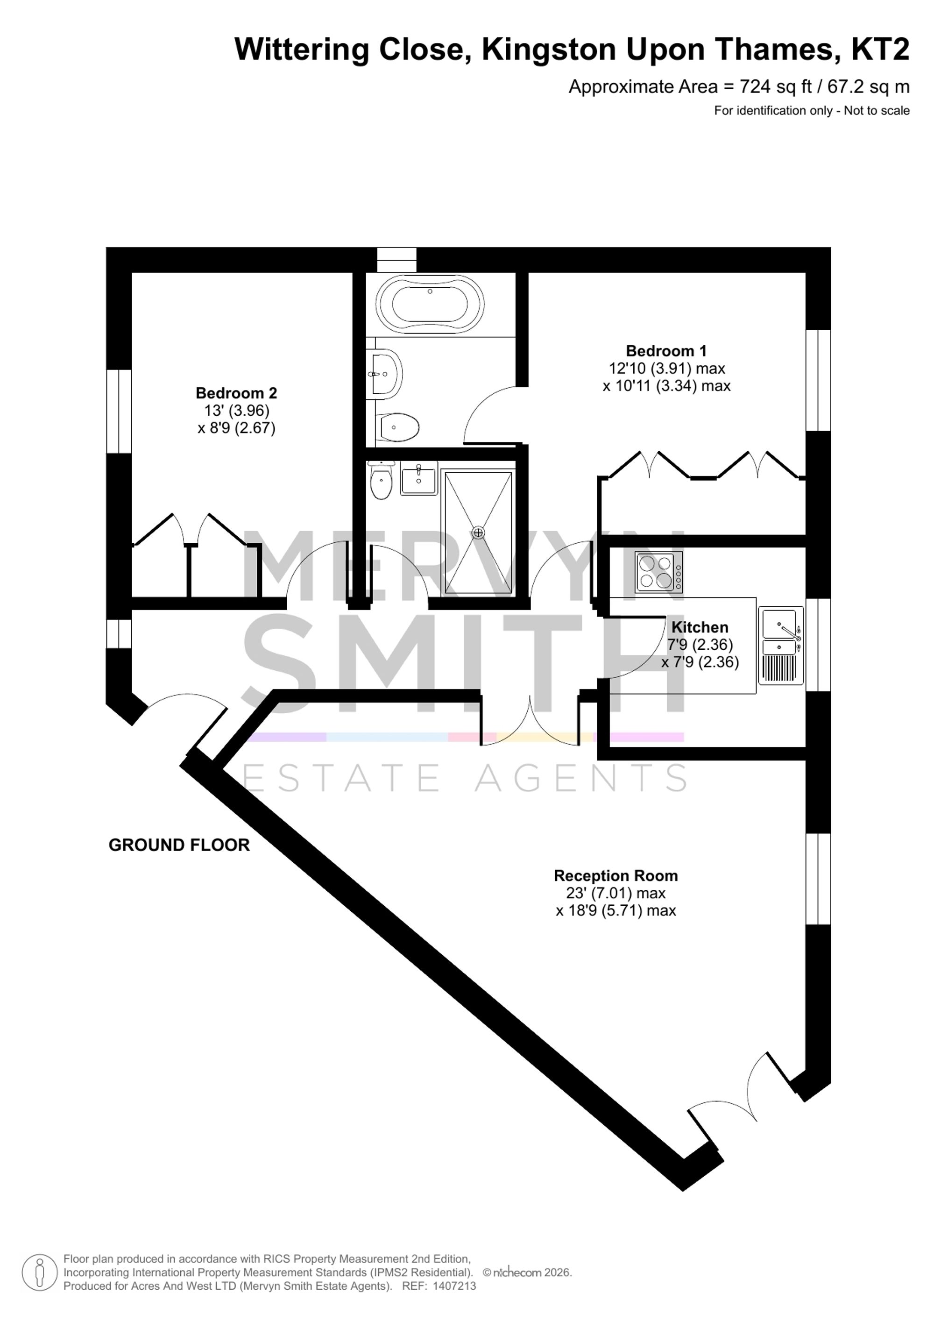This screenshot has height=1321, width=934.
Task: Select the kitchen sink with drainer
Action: click(781, 645)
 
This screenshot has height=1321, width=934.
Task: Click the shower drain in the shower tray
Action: click(478, 533)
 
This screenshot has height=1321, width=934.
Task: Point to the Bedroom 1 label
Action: click(666, 350)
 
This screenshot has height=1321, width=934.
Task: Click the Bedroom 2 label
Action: click(236, 393)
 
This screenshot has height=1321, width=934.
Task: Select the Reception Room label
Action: click(616, 876)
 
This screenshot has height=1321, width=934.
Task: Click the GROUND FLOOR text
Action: click(179, 845)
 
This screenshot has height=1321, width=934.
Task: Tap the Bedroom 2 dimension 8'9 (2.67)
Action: click(236, 428)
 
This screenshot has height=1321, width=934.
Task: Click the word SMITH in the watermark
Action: click(465, 662)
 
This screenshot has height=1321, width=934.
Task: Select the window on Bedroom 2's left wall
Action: click(119, 412)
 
